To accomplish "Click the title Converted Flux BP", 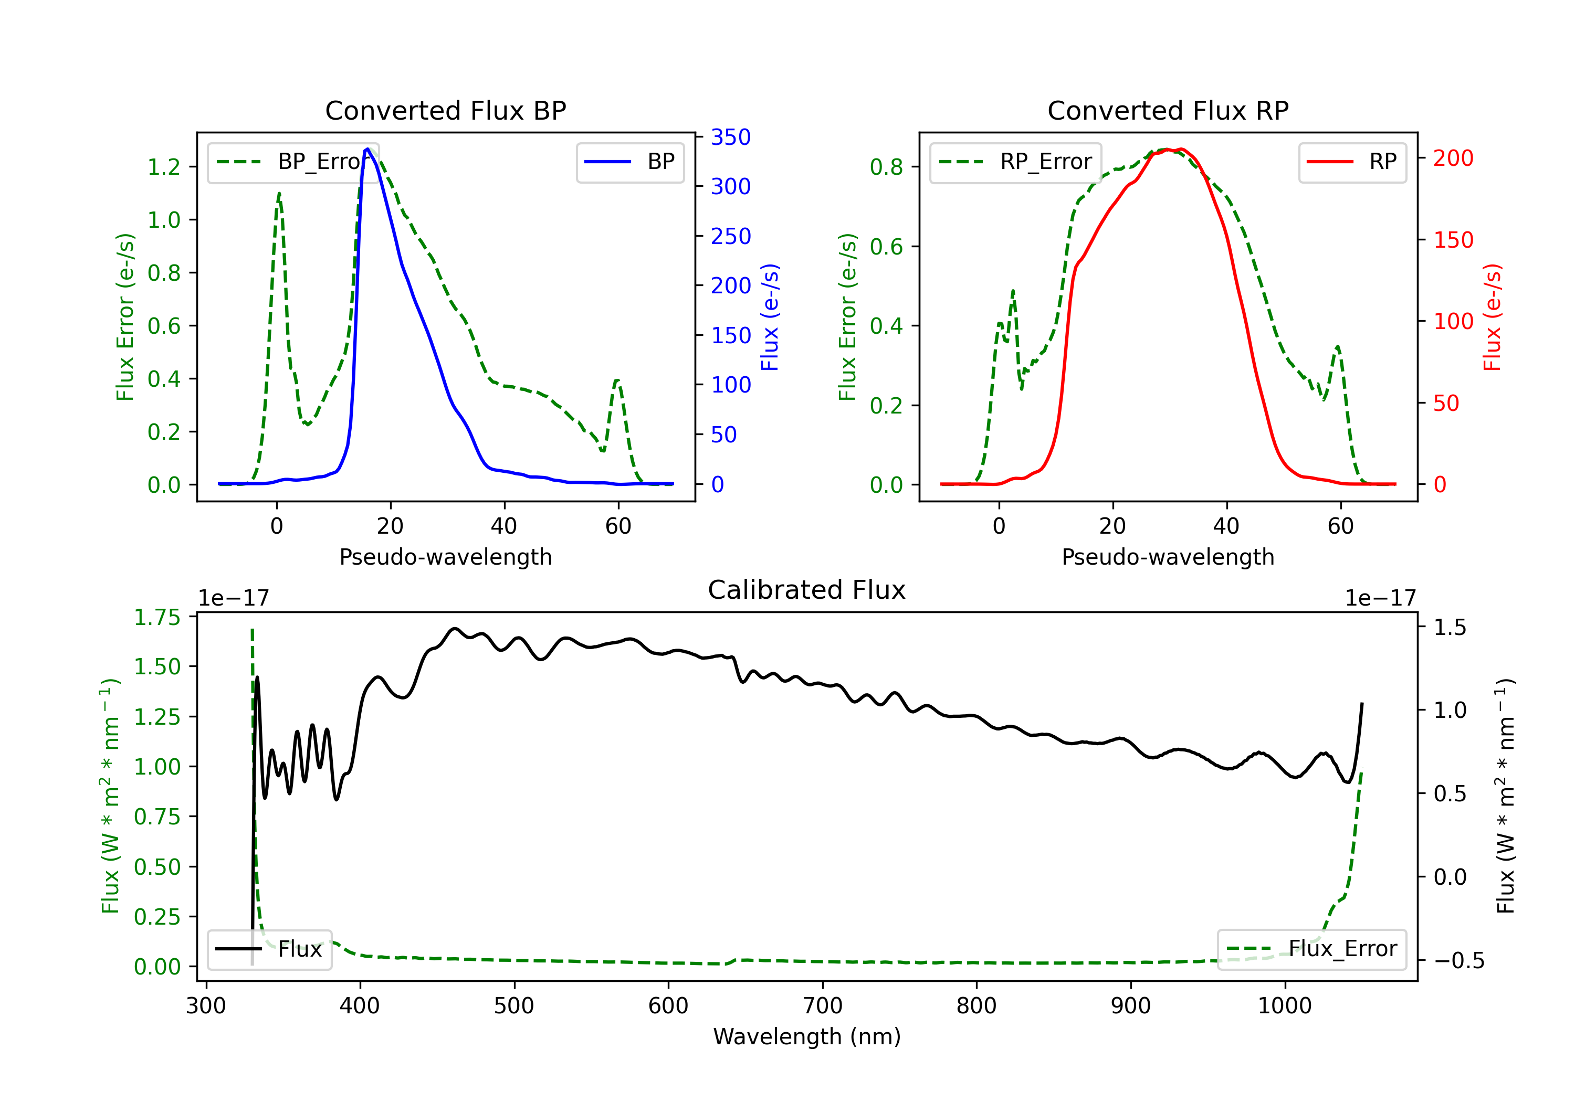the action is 445,110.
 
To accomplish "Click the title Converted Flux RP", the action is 1168,110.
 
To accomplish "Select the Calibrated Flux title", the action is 807,590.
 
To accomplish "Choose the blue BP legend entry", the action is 629,162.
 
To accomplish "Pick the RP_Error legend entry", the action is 1015,162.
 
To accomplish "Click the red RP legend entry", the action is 1352,162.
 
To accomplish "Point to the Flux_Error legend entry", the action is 1311,949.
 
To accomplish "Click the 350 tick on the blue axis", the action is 731,137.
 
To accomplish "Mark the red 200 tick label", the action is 1453,158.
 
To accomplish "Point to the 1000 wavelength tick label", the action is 1284,1006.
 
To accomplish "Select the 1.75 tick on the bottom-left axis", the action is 157,617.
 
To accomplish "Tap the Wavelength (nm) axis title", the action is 807,1036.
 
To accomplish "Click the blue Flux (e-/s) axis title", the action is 770,317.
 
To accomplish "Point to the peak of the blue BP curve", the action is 367,149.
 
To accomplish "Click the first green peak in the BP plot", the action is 278,194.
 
